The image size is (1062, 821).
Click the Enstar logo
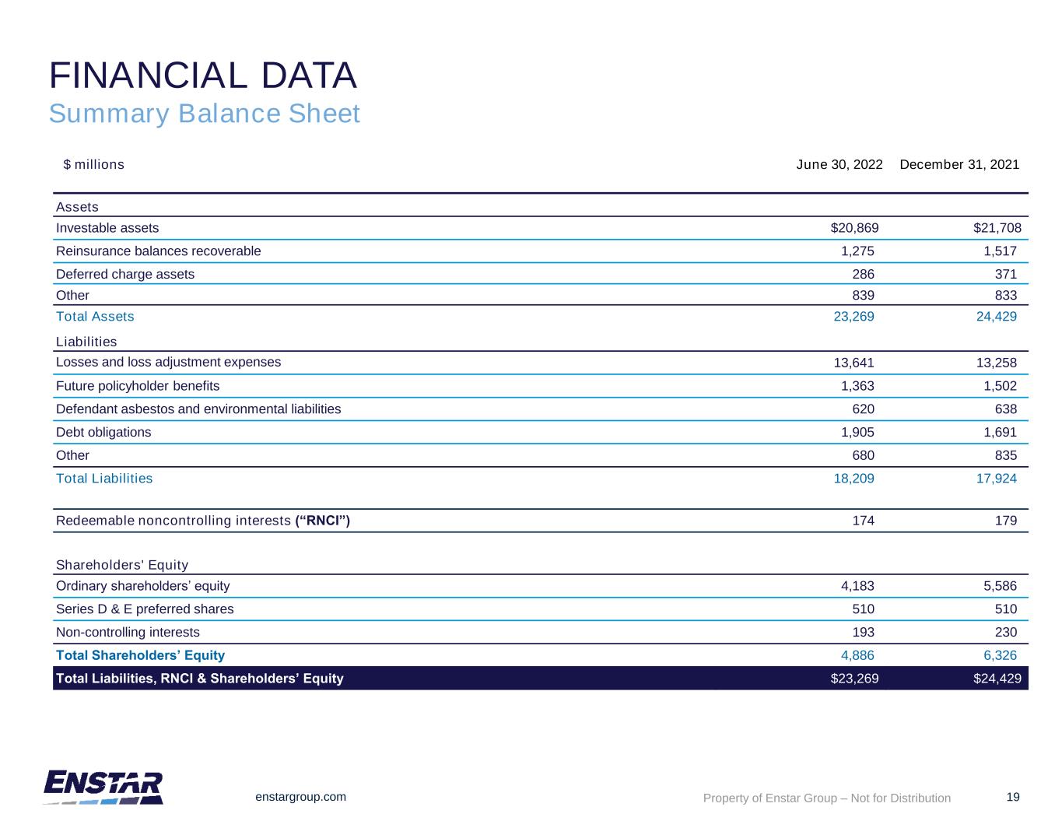(103, 787)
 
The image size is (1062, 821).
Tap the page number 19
(1012, 797)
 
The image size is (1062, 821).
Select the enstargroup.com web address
(301, 797)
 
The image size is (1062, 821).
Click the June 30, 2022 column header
(839, 165)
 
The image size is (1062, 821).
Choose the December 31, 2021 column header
(959, 165)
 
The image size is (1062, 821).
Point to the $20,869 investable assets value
(854, 228)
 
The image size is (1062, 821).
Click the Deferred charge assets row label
(125, 274)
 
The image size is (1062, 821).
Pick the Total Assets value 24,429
(996, 317)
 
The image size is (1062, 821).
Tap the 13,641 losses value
(853, 363)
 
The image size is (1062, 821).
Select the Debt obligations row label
(103, 432)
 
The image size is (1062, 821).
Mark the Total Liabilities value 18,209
(853, 479)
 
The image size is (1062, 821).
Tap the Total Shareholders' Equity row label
(140, 655)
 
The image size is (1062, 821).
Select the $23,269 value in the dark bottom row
(854, 679)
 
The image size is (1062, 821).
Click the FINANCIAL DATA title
(203, 75)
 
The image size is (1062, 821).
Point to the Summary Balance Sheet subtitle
(204, 114)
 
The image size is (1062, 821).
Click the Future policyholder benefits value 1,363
(857, 386)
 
